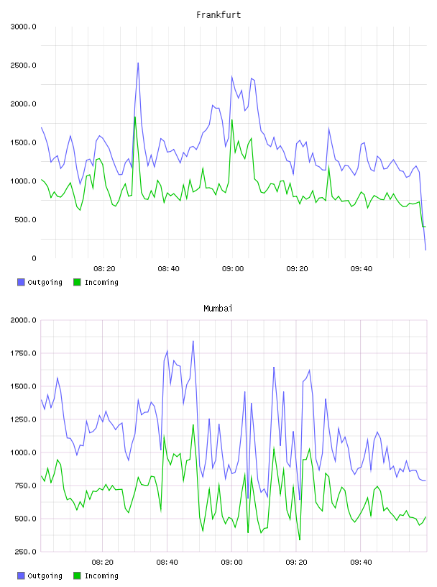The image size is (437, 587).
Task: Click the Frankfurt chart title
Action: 218,15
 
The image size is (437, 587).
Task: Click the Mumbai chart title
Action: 218,309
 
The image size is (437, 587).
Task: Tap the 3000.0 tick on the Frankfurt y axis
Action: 24,27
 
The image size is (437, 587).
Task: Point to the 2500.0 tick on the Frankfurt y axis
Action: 24,65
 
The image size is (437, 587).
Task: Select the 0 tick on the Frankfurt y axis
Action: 34,258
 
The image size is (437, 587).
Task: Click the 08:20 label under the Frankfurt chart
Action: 104,269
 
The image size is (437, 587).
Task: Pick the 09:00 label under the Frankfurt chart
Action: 233,269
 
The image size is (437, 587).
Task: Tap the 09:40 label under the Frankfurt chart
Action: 362,269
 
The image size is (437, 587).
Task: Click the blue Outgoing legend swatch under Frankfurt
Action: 21,282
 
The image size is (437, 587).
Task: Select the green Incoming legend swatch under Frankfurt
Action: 77,282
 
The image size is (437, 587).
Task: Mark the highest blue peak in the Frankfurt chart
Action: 138,63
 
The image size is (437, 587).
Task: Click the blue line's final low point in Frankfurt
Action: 425,250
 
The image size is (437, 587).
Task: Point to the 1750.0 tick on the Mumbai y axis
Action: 24,353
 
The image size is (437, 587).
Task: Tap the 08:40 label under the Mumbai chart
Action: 167,563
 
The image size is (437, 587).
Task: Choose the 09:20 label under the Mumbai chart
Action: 296,563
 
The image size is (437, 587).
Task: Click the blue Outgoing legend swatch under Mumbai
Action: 21,575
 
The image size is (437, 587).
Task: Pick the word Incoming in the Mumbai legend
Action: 101,576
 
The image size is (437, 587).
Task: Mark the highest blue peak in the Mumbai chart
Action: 193,341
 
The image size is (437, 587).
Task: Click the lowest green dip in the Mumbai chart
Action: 300,540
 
